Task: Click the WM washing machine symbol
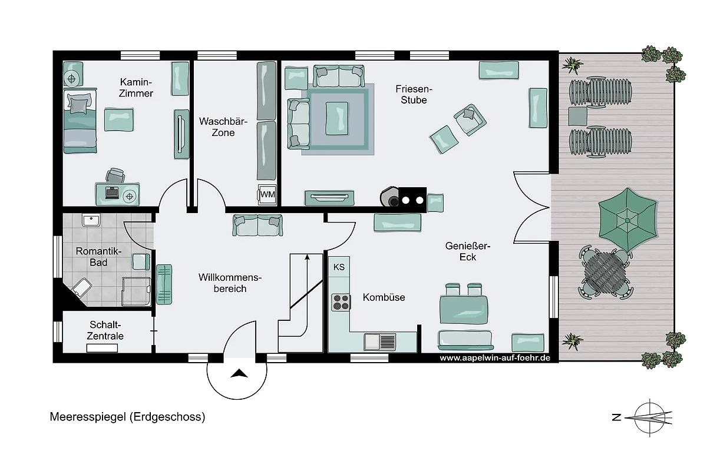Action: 267,194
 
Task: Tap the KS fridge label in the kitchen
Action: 339,267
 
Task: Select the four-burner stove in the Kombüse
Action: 341,302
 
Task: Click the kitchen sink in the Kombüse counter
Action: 379,342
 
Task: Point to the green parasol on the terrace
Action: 627,220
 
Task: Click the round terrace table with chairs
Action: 605,272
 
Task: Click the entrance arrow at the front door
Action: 239,373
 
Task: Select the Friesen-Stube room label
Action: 414,94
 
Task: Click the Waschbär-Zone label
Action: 223,127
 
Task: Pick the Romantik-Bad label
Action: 98,257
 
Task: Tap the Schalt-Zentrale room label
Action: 105,330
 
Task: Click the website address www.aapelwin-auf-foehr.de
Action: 495,358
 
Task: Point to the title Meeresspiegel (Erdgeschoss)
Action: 127,417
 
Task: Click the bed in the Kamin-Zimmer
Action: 80,121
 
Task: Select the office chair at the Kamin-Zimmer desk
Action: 115,175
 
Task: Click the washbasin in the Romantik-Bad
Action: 91,220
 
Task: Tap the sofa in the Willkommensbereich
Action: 257,225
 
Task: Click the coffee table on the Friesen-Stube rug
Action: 337,118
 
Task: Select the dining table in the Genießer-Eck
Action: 464,309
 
